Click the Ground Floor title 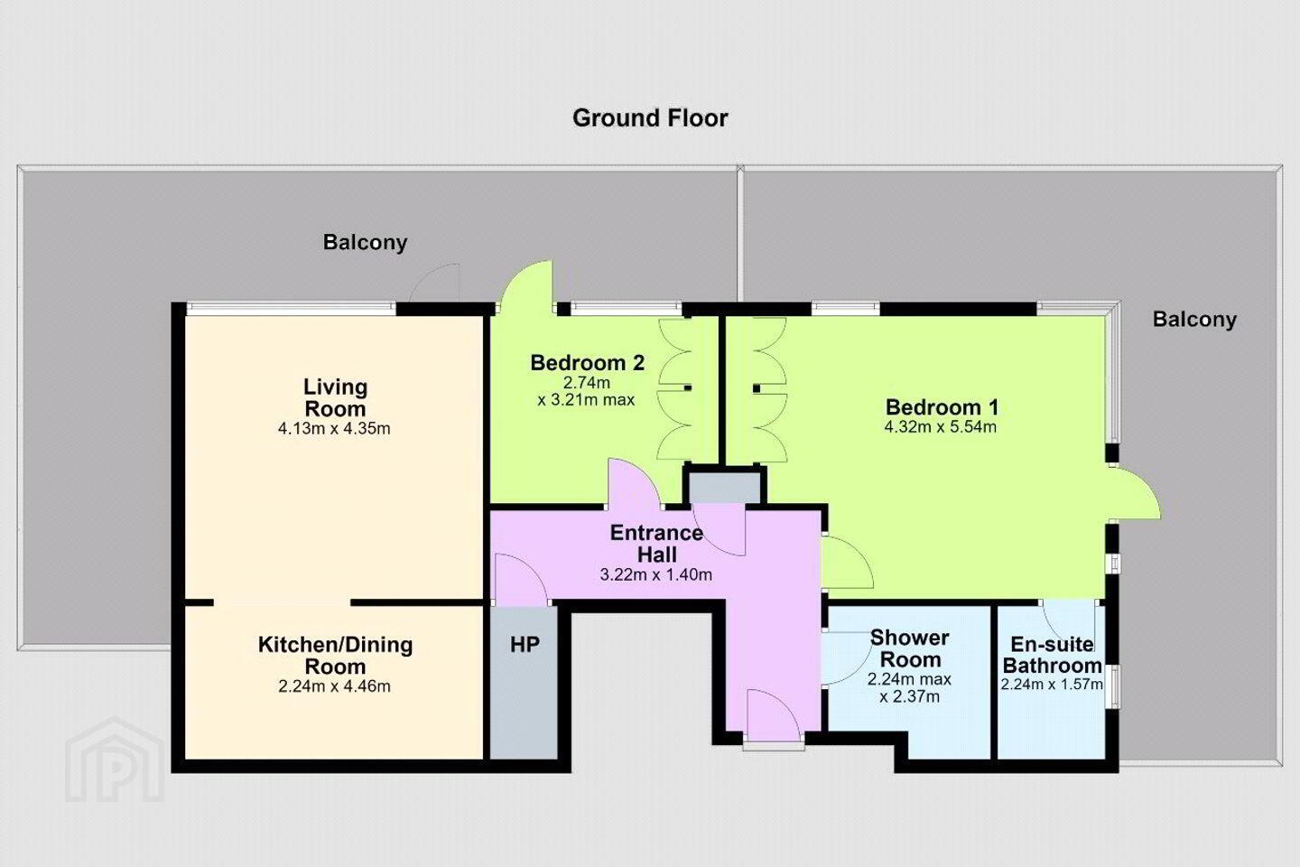coord(650,118)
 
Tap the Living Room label coord(336,397)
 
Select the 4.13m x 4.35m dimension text coord(334,429)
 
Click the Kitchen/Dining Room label coord(336,656)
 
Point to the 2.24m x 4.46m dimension coord(334,686)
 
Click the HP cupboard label coord(525,644)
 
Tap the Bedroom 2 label coord(588,363)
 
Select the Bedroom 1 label coord(942,407)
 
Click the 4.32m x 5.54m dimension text coord(940,427)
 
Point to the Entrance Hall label coord(656,544)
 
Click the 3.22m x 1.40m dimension coord(655,575)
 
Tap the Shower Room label coord(910,648)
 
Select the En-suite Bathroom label coord(1053,655)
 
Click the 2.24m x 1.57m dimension coord(1052,684)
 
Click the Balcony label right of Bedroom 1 coord(1194,320)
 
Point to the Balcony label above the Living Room coord(365,242)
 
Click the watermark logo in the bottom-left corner coord(115,760)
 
